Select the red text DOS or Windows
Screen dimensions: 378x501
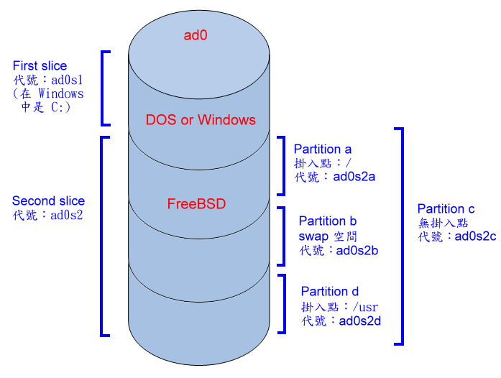pos(201,119)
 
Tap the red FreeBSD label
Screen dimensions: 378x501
pos(196,204)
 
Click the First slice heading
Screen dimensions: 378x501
pos(40,66)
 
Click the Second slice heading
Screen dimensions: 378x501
pos(48,201)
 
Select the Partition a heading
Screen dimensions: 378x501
pos(323,149)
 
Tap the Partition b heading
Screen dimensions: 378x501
pos(328,221)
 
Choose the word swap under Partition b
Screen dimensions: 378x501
pos(313,236)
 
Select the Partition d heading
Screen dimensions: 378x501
pos(329,292)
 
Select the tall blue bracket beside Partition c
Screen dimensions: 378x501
pos(401,236)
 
